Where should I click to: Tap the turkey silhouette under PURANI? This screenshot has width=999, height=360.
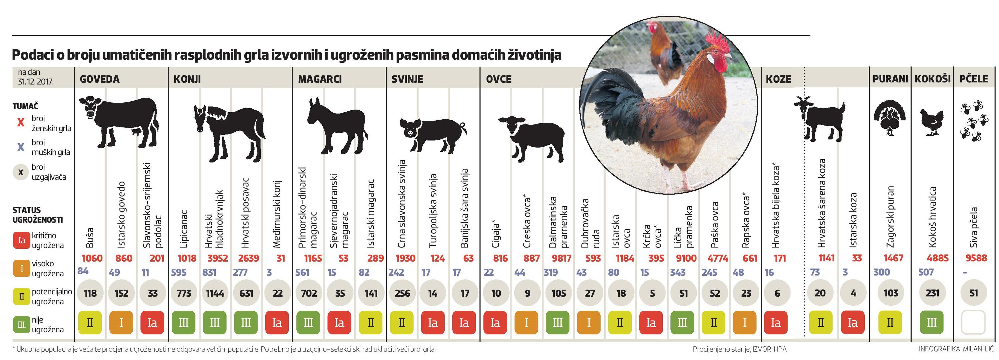pyautogui.click(x=890, y=118)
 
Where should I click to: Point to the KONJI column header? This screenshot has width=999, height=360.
pyautogui.click(x=187, y=79)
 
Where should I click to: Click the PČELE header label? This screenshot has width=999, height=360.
pyautogui.click(x=973, y=79)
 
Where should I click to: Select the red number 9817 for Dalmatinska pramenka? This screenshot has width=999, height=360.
pyautogui.click(x=562, y=258)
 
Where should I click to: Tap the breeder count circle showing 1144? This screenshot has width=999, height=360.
pyautogui.click(x=215, y=293)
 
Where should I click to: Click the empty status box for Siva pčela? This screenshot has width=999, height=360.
pyautogui.click(x=973, y=322)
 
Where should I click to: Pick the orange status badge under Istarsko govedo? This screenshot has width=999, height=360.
pyautogui.click(x=121, y=322)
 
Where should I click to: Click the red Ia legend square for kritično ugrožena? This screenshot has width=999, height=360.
pyautogui.click(x=22, y=240)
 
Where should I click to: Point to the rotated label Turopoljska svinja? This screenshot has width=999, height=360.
pyautogui.click(x=433, y=211)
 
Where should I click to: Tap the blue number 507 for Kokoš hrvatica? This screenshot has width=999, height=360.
pyautogui.click(x=926, y=272)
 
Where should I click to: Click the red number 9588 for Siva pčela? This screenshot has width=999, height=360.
pyautogui.click(x=976, y=258)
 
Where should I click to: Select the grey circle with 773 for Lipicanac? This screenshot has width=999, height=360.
pyautogui.click(x=184, y=293)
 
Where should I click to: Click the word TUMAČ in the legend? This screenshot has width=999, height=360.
pyautogui.click(x=25, y=106)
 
